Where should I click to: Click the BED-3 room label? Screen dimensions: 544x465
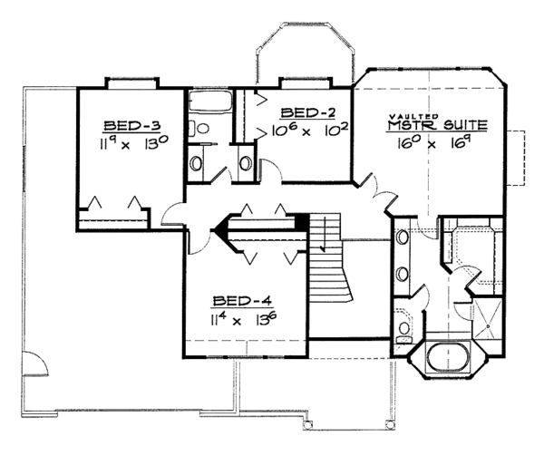coord(131,126)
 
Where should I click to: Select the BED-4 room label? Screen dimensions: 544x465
coord(242,301)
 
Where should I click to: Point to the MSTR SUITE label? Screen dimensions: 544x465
coord(437,125)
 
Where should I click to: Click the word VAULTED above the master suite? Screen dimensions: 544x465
coord(414,117)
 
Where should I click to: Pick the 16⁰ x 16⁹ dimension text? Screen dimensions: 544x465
coord(432,143)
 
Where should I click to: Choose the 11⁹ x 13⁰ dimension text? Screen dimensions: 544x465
coord(134,143)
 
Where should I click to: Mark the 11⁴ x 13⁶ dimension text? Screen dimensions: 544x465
coord(244,319)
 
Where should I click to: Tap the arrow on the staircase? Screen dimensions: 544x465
coord(324,235)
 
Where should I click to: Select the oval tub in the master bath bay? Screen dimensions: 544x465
coord(449,357)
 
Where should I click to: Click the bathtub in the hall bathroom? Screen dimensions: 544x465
coord(210,102)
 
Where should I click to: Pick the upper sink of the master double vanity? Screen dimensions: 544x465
coord(403,237)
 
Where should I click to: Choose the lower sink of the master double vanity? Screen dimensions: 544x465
coord(403,274)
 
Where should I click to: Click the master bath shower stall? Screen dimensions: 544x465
coord(487,318)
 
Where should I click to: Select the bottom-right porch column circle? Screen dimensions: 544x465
coord(390,423)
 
